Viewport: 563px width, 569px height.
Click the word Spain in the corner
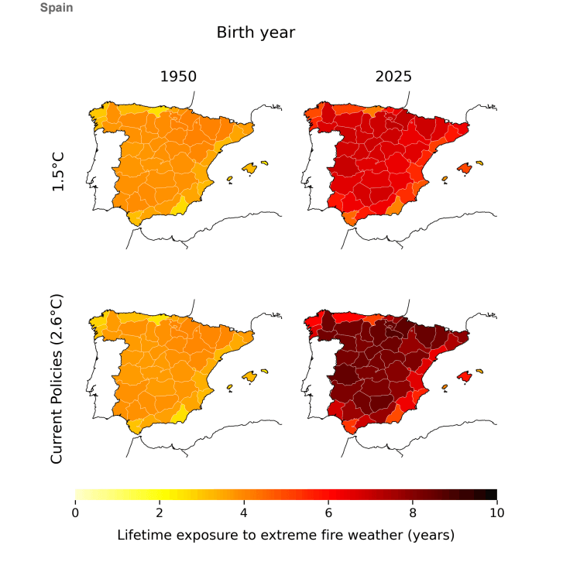click(x=57, y=7)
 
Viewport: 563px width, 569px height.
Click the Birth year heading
click(x=256, y=33)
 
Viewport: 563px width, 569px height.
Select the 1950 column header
click(x=178, y=77)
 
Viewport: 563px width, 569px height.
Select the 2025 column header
click(x=393, y=77)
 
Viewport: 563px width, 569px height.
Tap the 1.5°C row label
click(x=58, y=172)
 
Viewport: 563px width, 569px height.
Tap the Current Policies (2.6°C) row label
click(x=57, y=379)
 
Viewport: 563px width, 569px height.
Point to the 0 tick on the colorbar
click(x=75, y=512)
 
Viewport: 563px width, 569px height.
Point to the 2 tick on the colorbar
click(x=160, y=512)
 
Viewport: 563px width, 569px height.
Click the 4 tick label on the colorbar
click(x=244, y=512)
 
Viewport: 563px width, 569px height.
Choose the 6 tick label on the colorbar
click(x=328, y=512)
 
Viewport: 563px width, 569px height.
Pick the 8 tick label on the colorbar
click(x=413, y=512)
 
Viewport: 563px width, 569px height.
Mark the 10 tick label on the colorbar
click(x=497, y=512)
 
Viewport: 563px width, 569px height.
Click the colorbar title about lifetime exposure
click(x=286, y=535)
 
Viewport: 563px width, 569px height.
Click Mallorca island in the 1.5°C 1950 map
click(x=249, y=169)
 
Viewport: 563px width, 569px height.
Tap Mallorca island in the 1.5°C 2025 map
click(x=465, y=169)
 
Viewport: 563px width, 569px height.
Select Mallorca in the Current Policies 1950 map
click(x=249, y=377)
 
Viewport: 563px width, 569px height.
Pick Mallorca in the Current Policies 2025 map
click(x=465, y=377)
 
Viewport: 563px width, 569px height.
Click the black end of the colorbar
click(x=492, y=494)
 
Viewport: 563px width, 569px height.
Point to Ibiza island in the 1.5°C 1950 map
click(x=230, y=179)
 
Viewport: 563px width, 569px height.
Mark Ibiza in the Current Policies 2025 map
click(x=445, y=387)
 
